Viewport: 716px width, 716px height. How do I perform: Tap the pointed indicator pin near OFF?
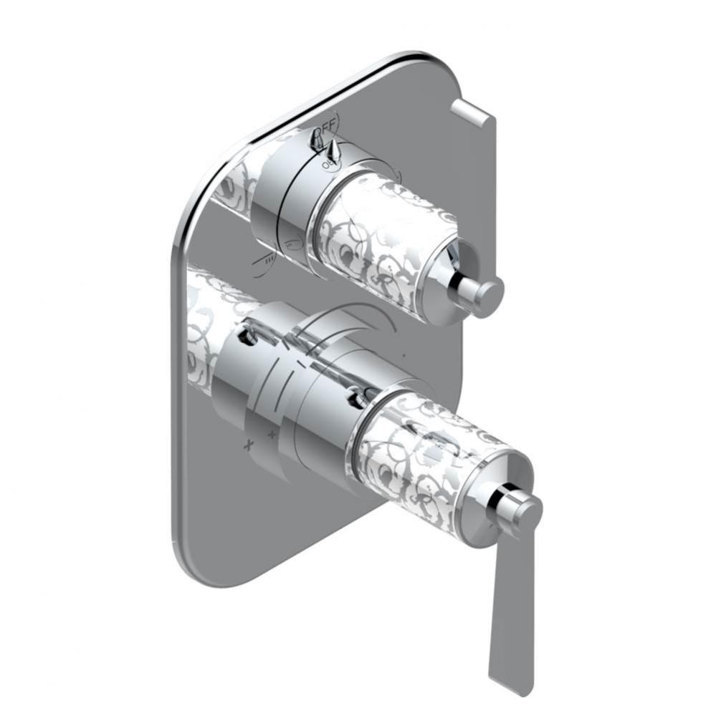click(333, 151)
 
